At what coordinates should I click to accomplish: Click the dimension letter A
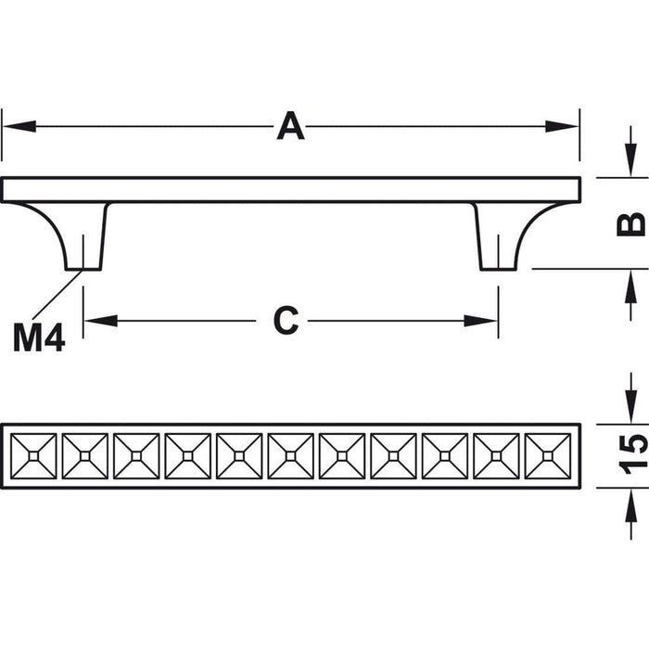point(290,126)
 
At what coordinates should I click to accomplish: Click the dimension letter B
point(630,223)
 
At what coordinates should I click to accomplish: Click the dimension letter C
point(286,321)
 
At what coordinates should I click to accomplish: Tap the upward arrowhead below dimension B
point(630,282)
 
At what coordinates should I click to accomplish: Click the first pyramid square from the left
point(34,456)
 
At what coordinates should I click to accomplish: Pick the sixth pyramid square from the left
point(291,456)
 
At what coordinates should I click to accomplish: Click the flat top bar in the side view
point(290,190)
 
